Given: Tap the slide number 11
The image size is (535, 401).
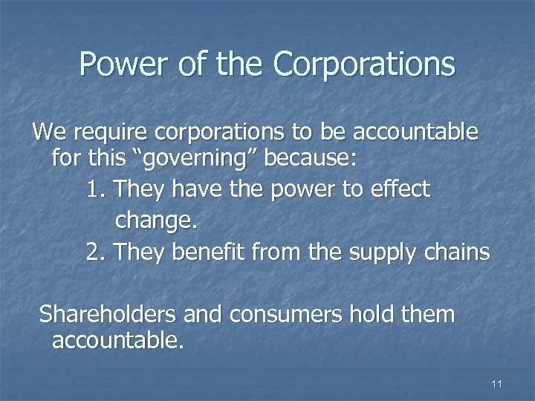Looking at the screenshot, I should [497, 384].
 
